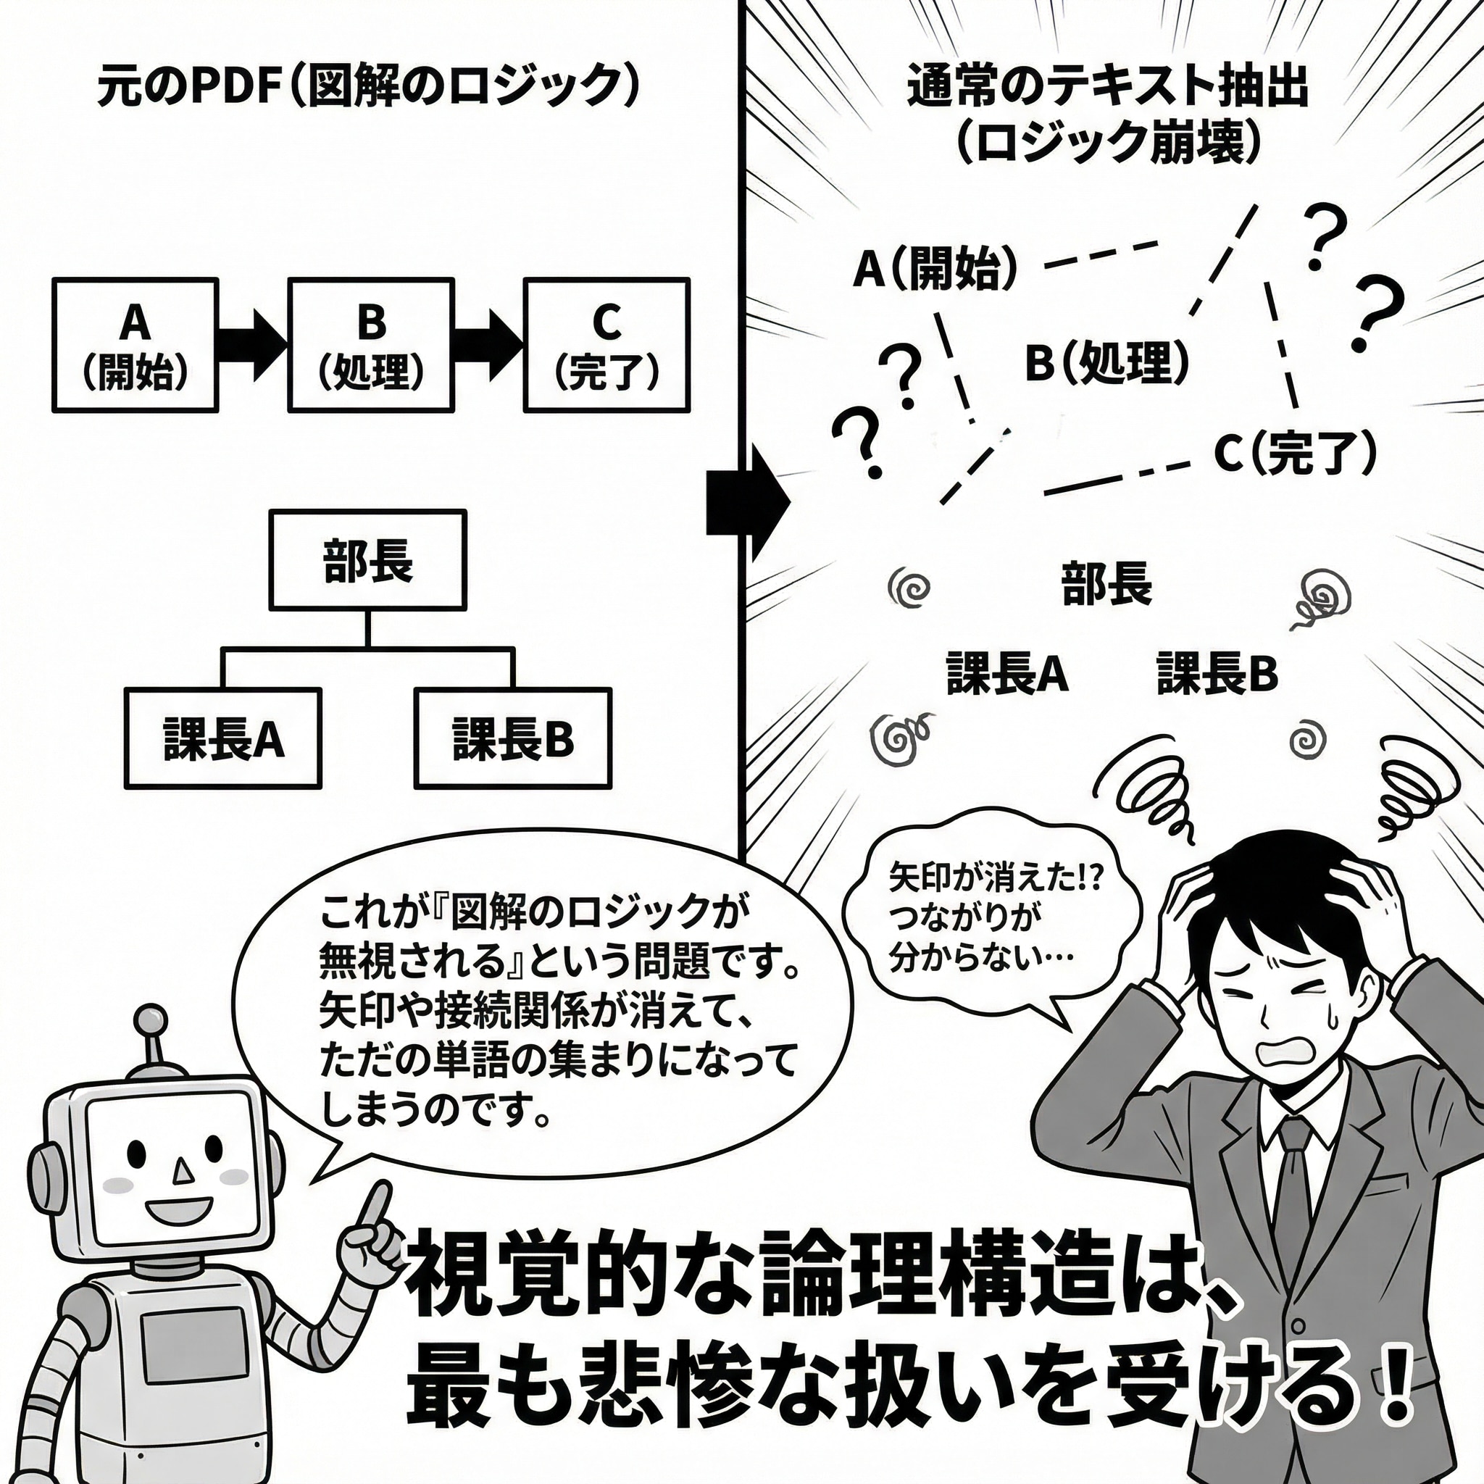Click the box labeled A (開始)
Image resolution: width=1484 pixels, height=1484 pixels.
pyautogui.click(x=136, y=345)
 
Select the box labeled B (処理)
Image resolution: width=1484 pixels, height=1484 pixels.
pyautogui.click(x=371, y=345)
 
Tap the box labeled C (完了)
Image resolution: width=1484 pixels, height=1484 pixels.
pyautogui.click(x=606, y=345)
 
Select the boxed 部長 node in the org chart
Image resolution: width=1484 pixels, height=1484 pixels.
pyautogui.click(x=367, y=560)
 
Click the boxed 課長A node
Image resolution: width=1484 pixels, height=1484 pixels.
pyautogui.click(x=222, y=738)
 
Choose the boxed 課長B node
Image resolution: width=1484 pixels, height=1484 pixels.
pyautogui.click(x=512, y=738)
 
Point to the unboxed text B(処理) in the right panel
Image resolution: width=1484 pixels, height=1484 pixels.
pyautogui.click(x=1106, y=362)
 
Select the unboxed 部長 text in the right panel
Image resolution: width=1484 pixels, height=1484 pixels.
pyautogui.click(x=1106, y=584)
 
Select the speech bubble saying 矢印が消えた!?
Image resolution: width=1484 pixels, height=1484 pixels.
pyautogui.click(x=991, y=918)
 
